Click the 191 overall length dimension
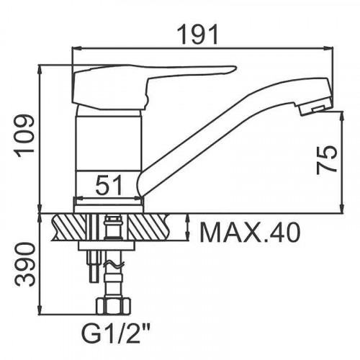click(x=199, y=34)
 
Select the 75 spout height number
click(x=327, y=160)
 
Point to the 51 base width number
click(x=109, y=185)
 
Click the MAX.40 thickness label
click(x=250, y=233)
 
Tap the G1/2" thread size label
click(x=116, y=333)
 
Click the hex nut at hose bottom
click(x=114, y=305)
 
